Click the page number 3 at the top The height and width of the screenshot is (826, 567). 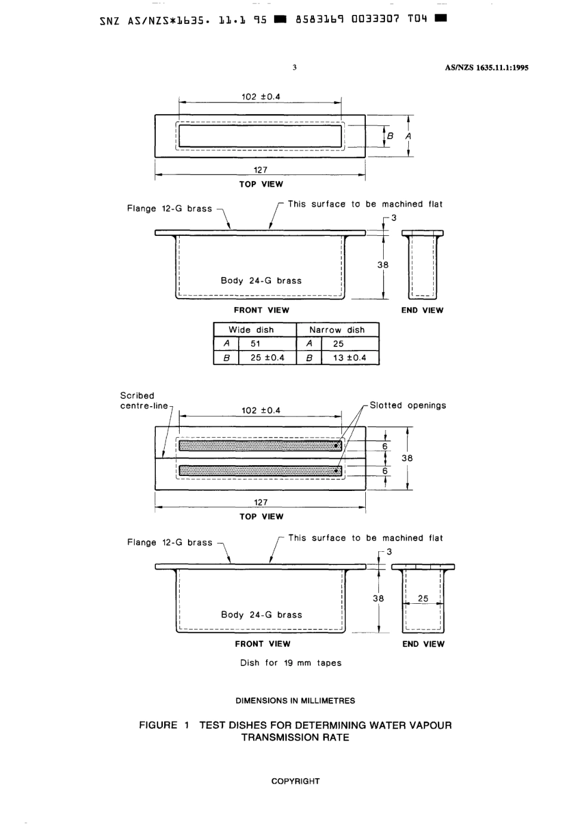295,67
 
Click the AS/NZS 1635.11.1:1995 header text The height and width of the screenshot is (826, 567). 486,67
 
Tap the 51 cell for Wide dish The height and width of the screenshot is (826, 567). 255,343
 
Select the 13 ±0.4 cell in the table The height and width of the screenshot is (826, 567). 350,358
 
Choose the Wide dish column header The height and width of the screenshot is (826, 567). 251,330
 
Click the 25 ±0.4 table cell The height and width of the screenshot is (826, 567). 267,358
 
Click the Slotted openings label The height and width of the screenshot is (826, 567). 408,406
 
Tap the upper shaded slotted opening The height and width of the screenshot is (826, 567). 260,445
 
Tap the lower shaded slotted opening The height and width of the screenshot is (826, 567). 260,470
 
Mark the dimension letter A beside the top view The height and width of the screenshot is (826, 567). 408,136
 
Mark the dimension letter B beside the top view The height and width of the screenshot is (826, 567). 391,136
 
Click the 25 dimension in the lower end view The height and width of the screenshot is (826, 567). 423,598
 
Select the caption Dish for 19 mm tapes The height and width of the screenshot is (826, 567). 291,663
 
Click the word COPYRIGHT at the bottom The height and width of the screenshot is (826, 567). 295,781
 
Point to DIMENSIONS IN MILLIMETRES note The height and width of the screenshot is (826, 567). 295,701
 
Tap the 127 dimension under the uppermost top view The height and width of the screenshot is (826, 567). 261,170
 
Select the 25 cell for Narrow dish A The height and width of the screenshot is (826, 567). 338,343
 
